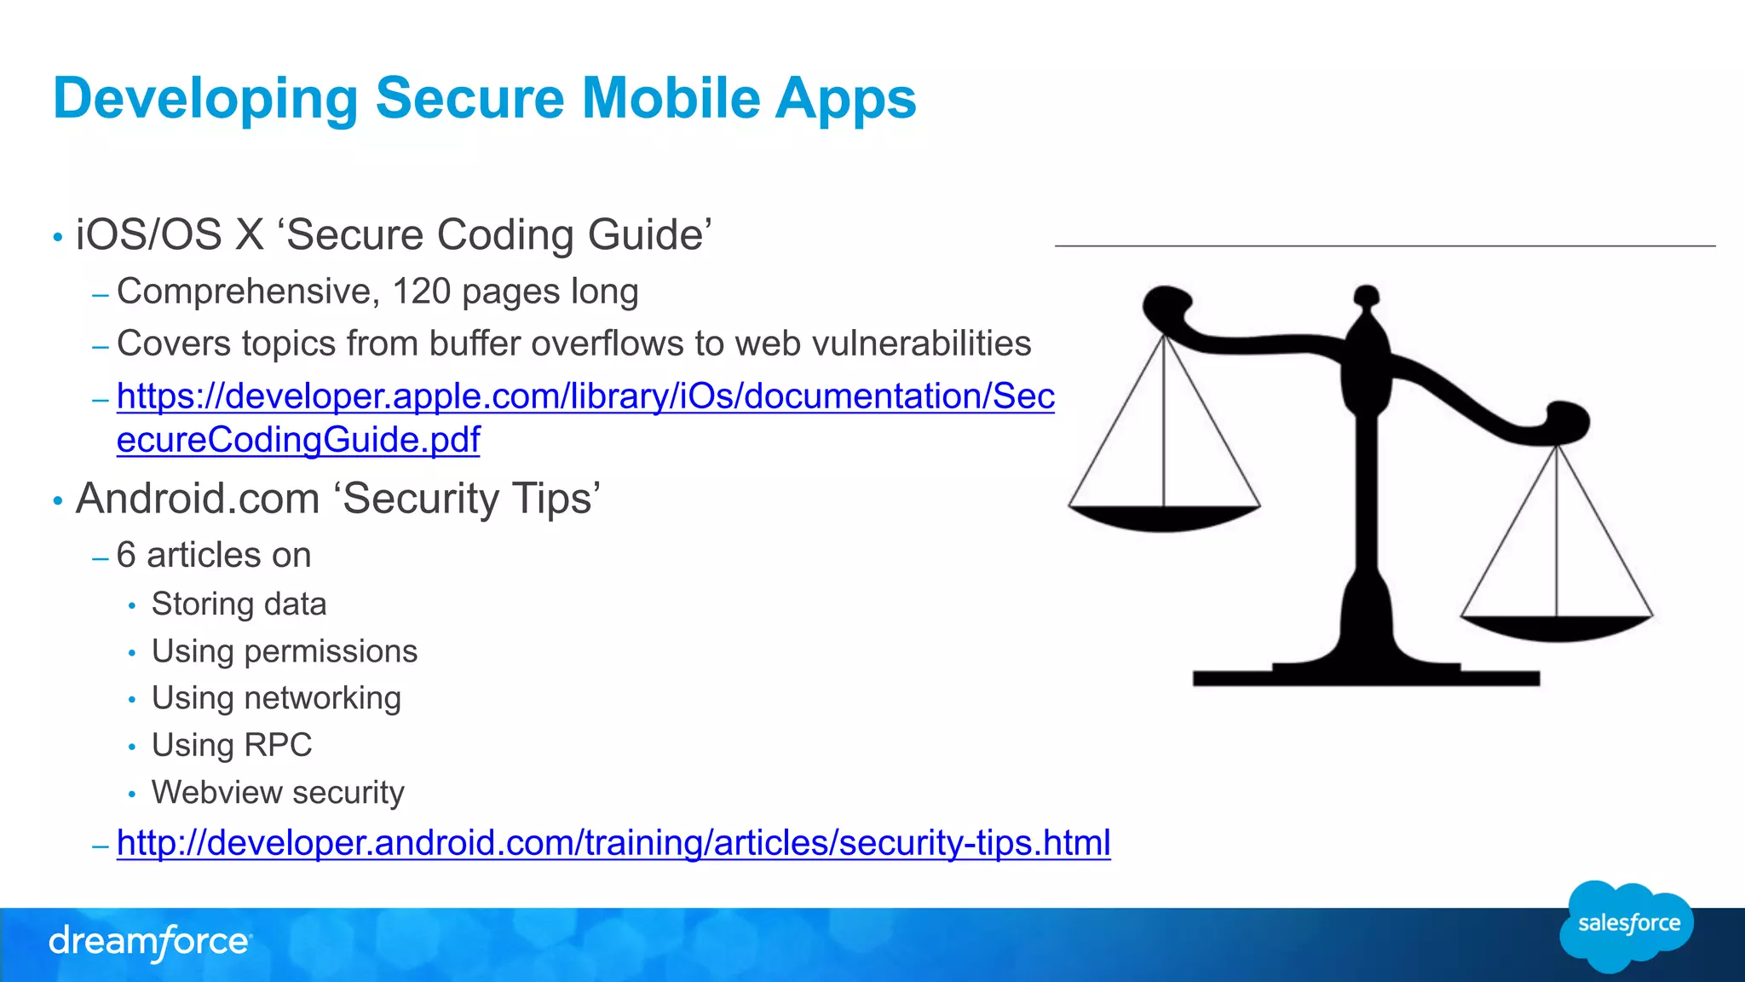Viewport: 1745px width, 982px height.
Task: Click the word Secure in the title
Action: click(x=469, y=98)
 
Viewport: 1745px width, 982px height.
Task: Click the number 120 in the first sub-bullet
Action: click(x=421, y=292)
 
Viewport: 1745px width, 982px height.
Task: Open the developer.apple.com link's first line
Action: click(x=585, y=396)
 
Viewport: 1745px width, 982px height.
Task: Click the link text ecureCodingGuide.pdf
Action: click(x=298, y=440)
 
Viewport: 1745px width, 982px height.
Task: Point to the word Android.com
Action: click(x=197, y=499)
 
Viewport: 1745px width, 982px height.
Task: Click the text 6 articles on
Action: click(x=214, y=555)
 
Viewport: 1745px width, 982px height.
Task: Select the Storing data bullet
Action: click(x=239, y=604)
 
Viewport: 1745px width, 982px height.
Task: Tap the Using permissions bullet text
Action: click(x=285, y=651)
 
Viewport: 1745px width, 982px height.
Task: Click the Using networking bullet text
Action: click(x=276, y=698)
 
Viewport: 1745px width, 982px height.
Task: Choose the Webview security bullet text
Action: click(x=278, y=792)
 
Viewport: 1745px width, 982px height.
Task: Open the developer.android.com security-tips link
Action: click(x=613, y=843)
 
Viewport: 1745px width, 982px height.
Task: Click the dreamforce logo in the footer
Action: click(x=150, y=942)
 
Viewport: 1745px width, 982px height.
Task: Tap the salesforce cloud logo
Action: click(x=1627, y=925)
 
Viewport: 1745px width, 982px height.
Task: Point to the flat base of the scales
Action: click(x=1366, y=678)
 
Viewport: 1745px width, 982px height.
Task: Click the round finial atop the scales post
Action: click(x=1367, y=296)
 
